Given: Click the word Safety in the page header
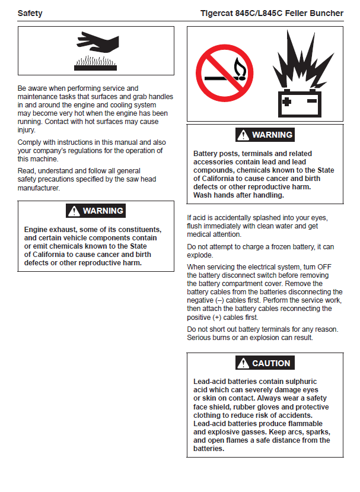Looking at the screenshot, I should click(x=30, y=13).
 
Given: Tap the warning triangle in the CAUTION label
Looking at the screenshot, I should click(x=243, y=363).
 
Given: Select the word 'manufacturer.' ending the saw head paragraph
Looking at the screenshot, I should click(x=39, y=188).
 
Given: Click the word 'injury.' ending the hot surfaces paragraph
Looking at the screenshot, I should click(x=27, y=130).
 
